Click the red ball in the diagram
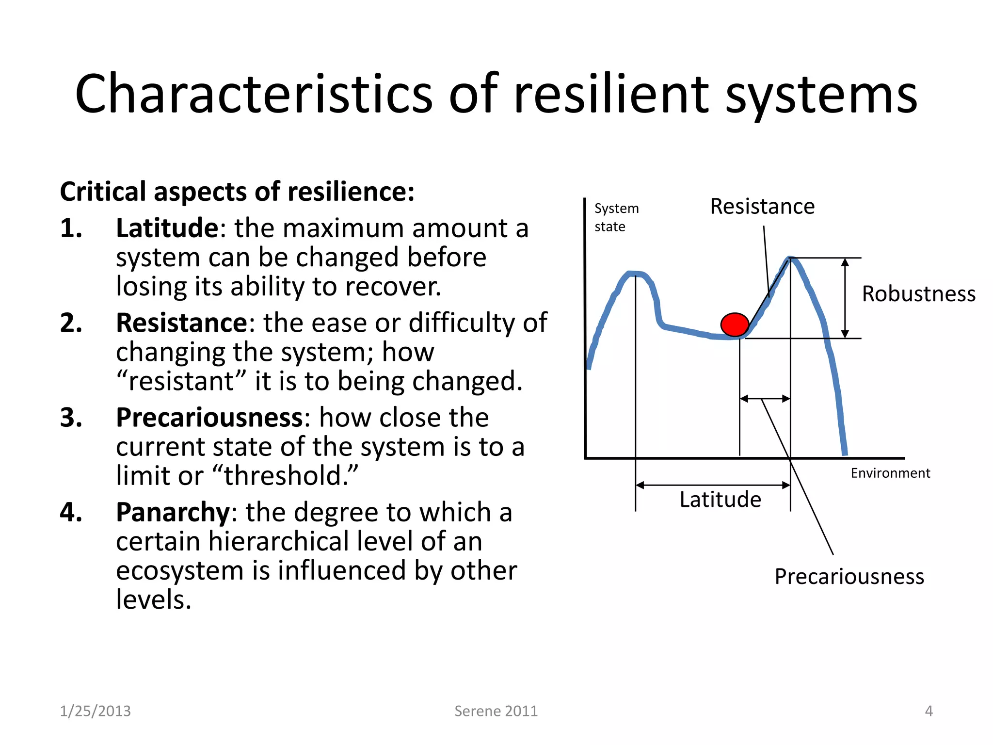[x=735, y=324]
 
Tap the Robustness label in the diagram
[x=918, y=294]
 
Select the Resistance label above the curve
[x=762, y=207]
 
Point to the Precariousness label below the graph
[x=849, y=577]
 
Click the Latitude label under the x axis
[x=720, y=500]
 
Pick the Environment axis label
[x=890, y=473]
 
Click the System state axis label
[x=616, y=217]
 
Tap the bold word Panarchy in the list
[x=173, y=512]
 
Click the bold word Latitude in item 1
[x=167, y=228]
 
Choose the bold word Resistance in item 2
[x=182, y=323]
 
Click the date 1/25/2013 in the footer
[x=95, y=711]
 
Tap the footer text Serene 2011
[x=496, y=711]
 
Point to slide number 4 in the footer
[x=929, y=711]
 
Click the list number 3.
[x=71, y=418]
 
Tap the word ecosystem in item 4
[x=179, y=571]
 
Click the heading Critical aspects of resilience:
[x=237, y=192]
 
